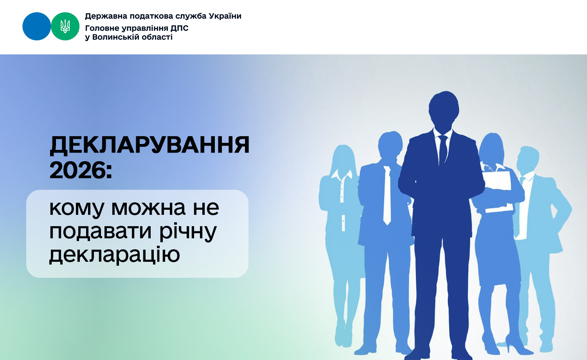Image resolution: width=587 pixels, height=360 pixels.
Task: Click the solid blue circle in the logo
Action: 37,26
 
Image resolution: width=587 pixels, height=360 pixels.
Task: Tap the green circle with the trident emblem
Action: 65,26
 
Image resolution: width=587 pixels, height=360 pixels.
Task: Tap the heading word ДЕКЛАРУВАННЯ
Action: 149,145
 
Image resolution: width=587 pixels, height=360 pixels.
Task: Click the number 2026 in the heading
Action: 78,170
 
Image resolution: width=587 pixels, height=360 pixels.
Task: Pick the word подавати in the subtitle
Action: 100,232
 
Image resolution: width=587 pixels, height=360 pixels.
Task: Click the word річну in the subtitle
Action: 188,232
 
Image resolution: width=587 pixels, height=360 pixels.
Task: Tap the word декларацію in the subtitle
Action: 115,255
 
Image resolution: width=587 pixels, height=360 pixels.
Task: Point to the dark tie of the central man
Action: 443,149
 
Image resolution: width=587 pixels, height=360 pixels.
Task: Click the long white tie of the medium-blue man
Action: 387,196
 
